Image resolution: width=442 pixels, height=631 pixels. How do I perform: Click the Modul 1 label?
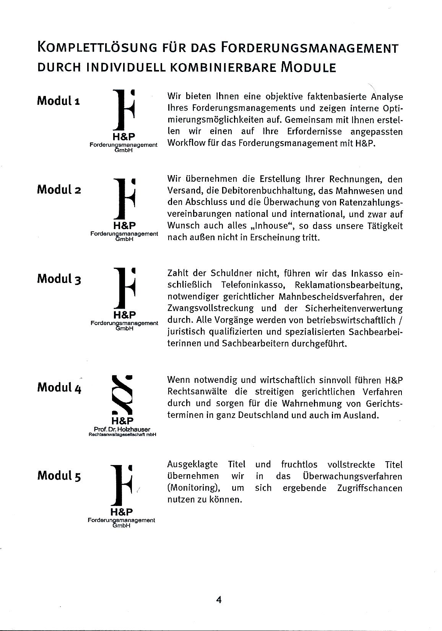coord(58,101)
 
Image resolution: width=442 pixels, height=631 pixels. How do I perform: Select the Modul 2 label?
coord(58,190)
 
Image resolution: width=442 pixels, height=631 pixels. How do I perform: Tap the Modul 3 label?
coord(59,279)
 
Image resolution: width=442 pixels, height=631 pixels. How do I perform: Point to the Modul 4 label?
coord(59,387)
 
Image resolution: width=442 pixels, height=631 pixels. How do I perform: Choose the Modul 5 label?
coord(59,476)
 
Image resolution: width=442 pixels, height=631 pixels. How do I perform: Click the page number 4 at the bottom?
coord(219,599)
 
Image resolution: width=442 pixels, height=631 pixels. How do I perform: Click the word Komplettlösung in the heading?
coord(97,48)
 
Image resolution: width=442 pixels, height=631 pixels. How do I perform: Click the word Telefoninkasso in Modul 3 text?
coord(252,285)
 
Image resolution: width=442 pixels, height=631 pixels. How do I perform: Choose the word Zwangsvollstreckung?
coord(210,308)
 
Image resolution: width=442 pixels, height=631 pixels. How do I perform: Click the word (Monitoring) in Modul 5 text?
coord(195,488)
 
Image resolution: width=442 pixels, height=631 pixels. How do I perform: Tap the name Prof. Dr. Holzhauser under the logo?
coord(122,429)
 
